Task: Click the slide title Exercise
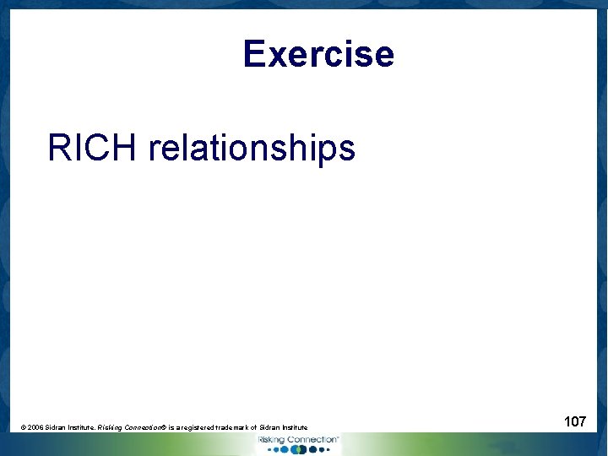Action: coord(318,54)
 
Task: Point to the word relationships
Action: coord(251,149)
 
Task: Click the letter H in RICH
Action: coord(125,148)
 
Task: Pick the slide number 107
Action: coord(575,421)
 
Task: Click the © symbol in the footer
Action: coord(24,428)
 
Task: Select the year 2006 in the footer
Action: coord(35,428)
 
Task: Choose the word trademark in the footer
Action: coord(238,428)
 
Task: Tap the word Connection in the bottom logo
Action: coord(312,440)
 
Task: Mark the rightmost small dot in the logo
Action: coord(327,450)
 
